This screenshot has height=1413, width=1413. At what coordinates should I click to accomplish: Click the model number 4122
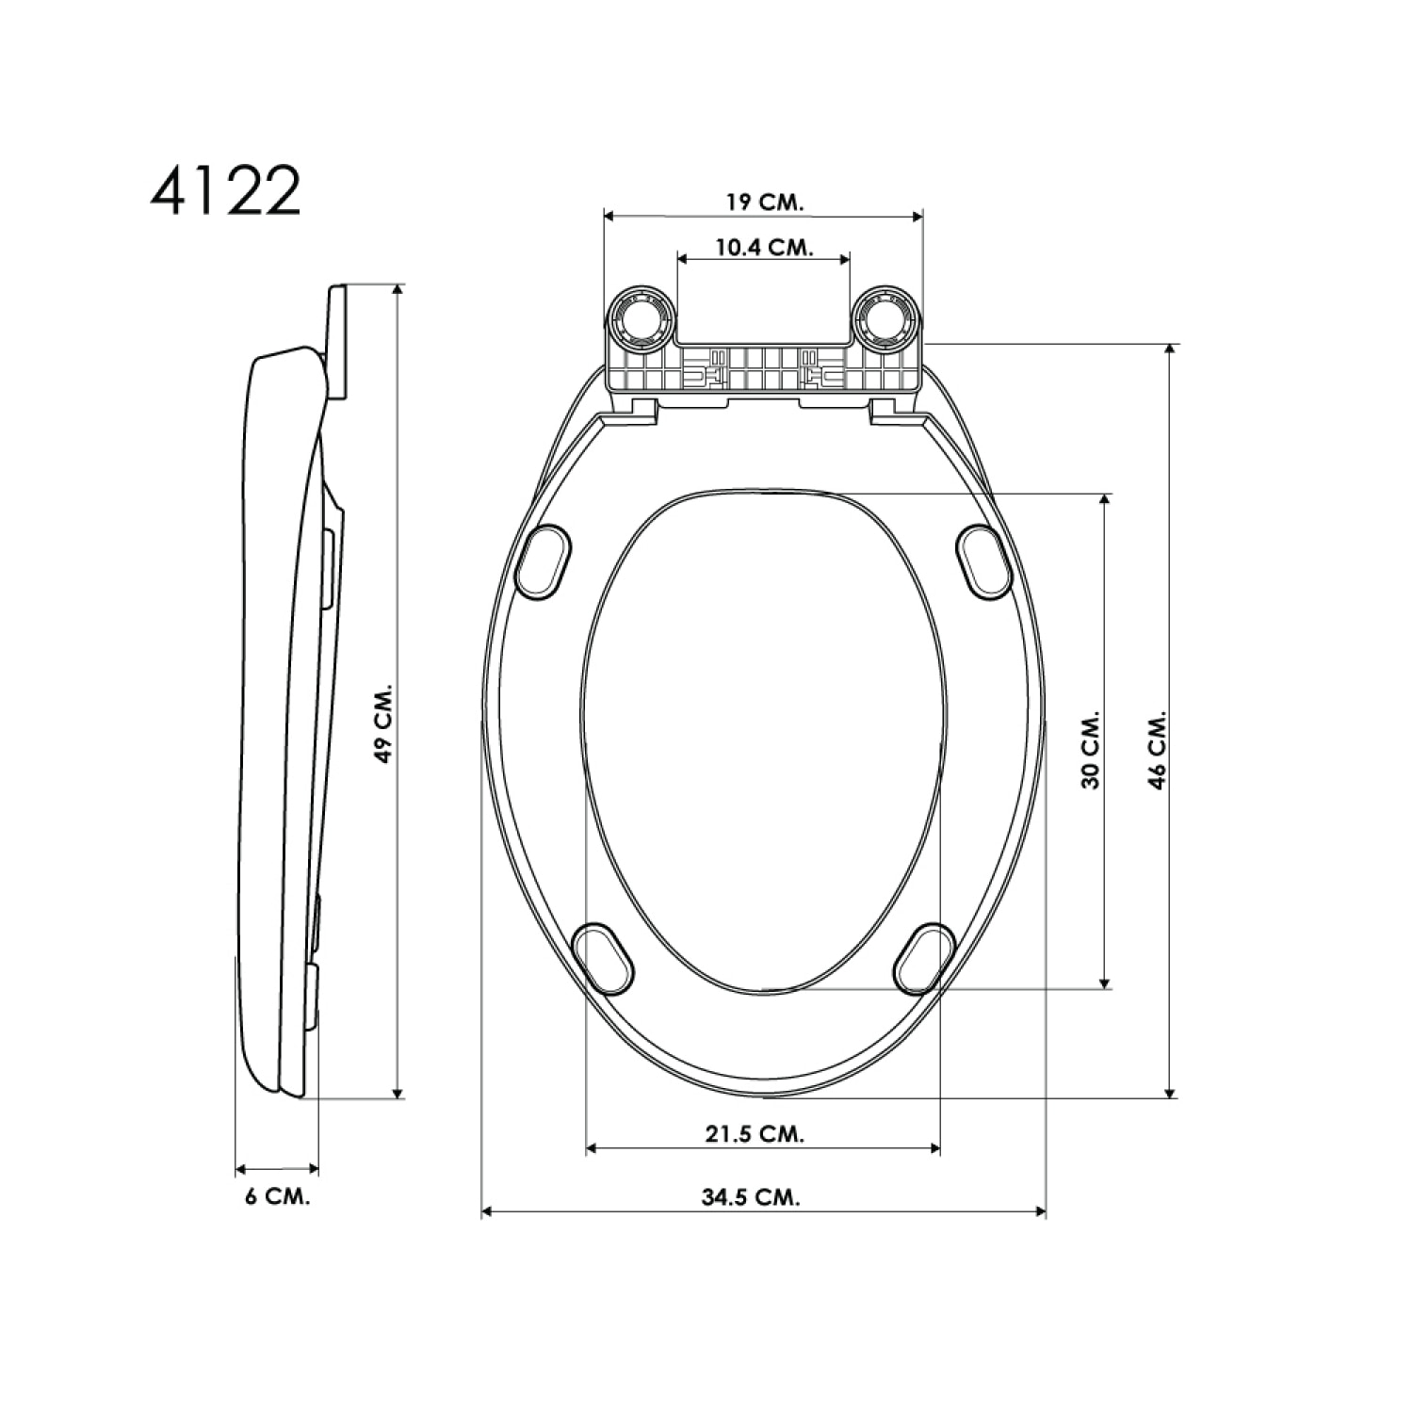tap(225, 192)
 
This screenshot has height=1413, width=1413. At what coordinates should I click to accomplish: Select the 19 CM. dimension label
tap(763, 202)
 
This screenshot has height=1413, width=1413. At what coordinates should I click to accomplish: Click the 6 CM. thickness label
tap(277, 1196)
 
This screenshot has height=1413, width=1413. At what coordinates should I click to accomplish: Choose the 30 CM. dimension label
tap(1090, 750)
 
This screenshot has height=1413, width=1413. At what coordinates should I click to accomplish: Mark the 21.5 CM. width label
tap(755, 1133)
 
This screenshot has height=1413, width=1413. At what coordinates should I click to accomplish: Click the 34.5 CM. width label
tap(751, 1197)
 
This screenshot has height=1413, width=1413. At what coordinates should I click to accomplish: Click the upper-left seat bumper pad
tap(543, 562)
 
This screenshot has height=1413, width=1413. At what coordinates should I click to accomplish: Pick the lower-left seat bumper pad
tap(604, 958)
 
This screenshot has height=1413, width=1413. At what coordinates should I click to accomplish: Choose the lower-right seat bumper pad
tap(923, 958)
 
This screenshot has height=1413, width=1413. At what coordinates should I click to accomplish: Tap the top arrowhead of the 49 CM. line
tap(398, 289)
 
